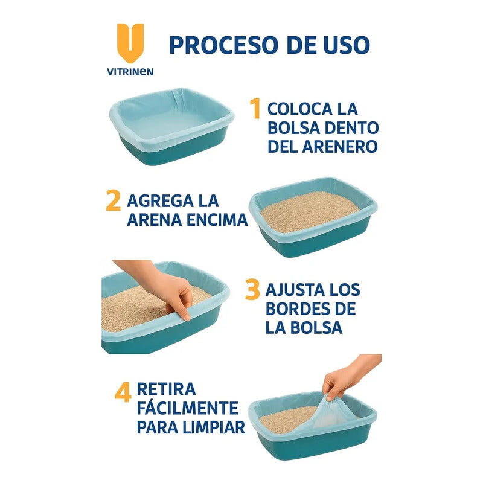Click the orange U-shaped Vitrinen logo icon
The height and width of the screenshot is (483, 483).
pyautogui.click(x=130, y=42)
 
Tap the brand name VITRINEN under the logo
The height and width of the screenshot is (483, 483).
pyautogui.click(x=130, y=72)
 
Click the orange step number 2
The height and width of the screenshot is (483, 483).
pyautogui.click(x=113, y=201)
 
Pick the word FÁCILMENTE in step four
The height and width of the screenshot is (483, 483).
pyautogui.click(x=187, y=408)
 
